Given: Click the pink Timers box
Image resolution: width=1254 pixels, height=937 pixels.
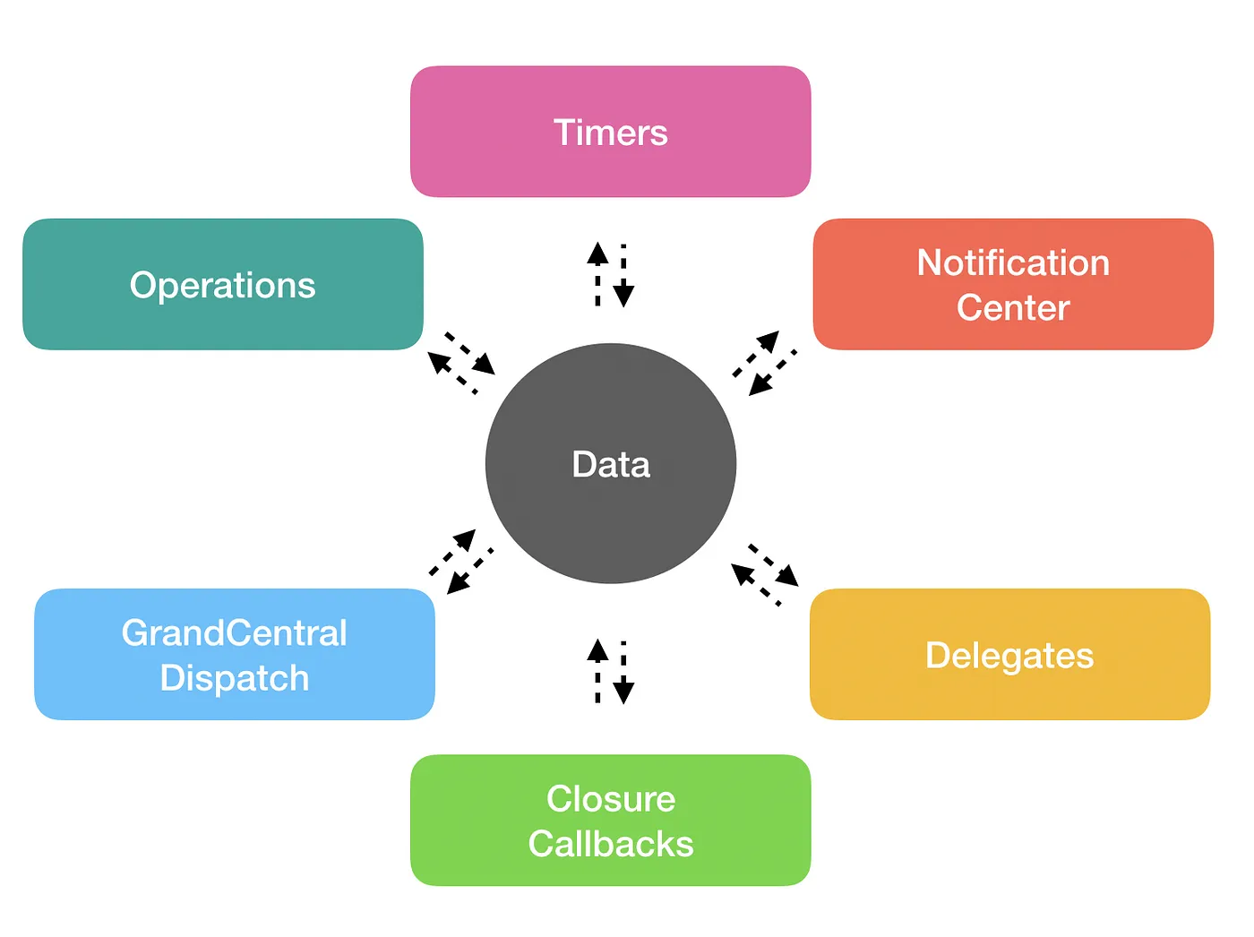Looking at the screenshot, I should click(610, 132).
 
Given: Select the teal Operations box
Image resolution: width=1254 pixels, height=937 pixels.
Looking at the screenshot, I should click(222, 285).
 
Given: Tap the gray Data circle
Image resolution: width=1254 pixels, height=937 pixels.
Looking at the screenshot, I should click(610, 464).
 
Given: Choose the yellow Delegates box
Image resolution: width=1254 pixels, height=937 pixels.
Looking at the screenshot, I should click(1009, 655).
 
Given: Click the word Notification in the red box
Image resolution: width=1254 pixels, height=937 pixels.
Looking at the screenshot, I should click(1013, 263).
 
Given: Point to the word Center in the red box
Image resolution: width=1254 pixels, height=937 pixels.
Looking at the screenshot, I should click(1013, 308).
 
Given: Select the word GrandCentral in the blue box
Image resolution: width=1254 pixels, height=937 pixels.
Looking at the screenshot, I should click(234, 633).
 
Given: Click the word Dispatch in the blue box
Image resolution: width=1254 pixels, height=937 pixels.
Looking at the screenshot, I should click(234, 678).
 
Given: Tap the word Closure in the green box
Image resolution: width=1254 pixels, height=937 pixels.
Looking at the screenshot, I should click(610, 799).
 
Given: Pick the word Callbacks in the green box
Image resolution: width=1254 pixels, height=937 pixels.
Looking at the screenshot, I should click(610, 844).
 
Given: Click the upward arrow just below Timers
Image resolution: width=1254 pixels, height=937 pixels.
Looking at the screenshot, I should click(597, 272).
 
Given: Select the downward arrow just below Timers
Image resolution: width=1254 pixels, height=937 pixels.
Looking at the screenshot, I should click(623, 276).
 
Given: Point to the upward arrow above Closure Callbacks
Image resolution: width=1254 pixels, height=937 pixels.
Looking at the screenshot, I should click(597, 670).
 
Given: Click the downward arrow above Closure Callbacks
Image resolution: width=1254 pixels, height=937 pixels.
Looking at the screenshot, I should click(623, 673).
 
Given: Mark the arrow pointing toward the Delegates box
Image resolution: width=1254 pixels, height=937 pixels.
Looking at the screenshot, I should click(775, 565).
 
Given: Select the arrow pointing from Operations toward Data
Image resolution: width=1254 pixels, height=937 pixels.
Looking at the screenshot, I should click(471, 354).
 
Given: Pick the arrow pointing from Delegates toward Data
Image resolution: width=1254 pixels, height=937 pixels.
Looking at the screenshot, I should click(754, 583).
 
